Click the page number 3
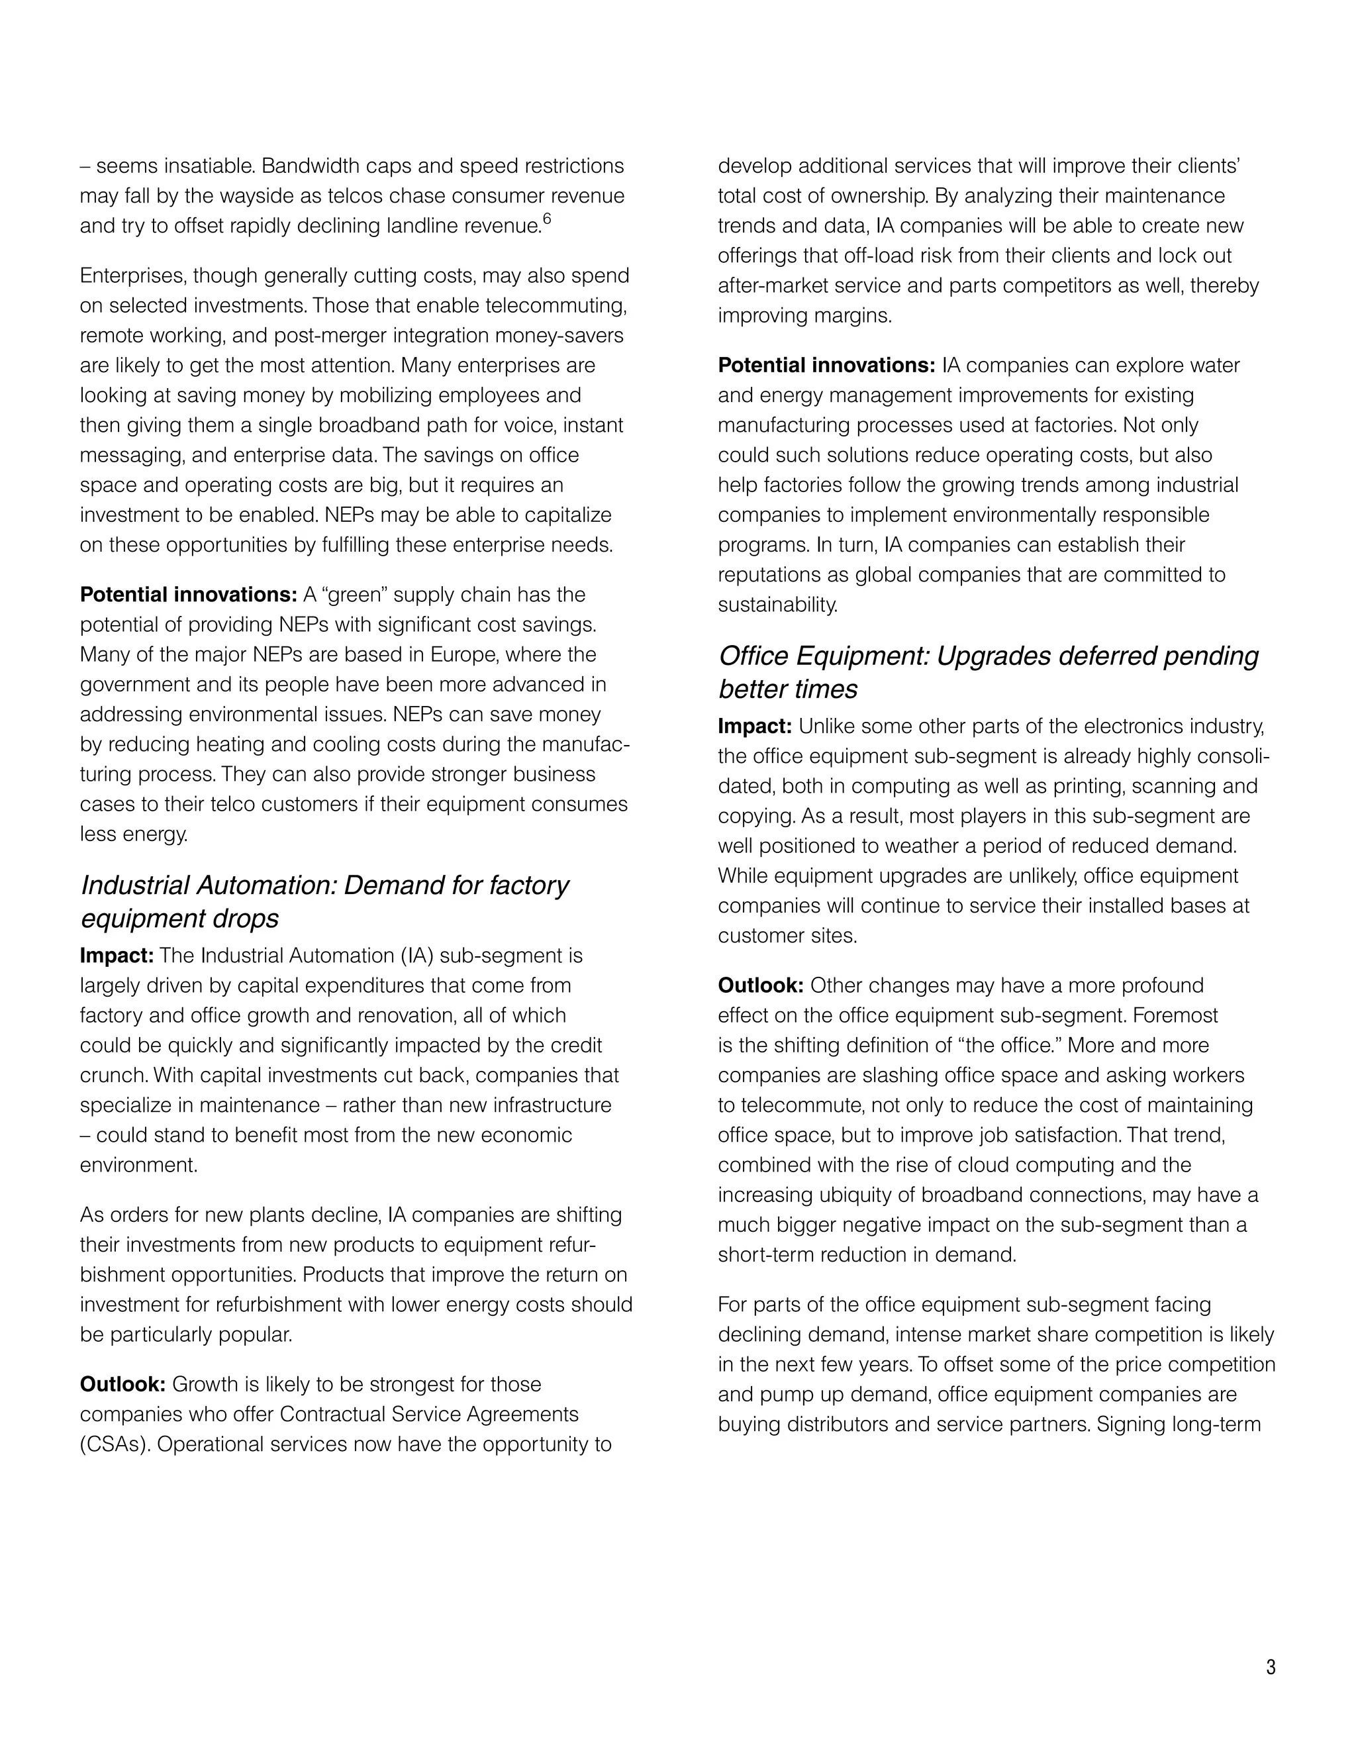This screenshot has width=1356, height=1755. (1270, 1667)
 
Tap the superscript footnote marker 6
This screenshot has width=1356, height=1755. (546, 219)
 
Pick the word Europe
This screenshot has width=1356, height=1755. (463, 654)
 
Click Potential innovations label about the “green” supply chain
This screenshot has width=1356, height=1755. (189, 595)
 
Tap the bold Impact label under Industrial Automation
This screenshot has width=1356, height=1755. (117, 956)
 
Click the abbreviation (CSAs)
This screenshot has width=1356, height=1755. (114, 1444)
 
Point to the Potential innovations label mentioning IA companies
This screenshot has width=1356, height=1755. (826, 366)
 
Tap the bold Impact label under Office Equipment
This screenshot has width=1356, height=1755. (754, 727)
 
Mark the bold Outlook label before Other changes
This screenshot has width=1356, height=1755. (760, 985)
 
